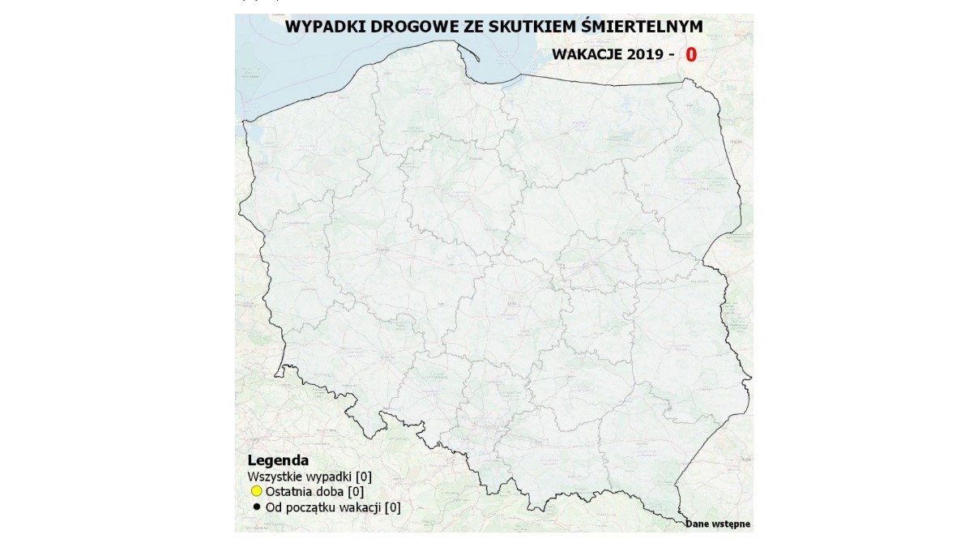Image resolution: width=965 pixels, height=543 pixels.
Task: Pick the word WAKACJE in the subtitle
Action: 587,55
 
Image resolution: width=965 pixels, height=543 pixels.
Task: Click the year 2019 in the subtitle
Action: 645,55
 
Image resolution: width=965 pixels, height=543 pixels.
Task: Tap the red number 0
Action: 691,55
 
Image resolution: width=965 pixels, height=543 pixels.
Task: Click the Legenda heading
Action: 272,460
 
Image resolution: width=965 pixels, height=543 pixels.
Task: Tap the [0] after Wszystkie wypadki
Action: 363,476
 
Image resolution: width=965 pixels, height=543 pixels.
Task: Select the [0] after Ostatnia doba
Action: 355,491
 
